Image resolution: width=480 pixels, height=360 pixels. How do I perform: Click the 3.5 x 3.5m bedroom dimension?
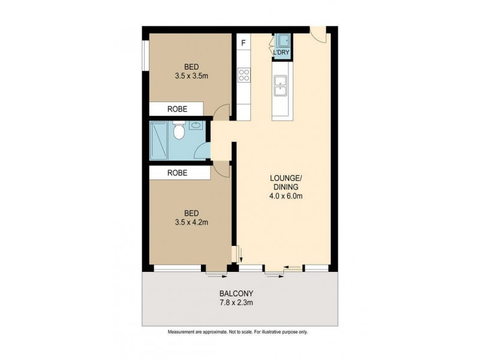pos(191,76)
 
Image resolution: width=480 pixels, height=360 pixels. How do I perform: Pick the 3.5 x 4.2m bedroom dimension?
pos(191,222)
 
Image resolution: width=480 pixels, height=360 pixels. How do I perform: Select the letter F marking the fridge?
pos(244,43)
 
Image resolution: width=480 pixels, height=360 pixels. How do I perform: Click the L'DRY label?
pos(281,53)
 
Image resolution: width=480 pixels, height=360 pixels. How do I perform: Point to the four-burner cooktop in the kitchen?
pos(244,75)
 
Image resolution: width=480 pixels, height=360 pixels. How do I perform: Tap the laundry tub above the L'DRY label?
pos(283,41)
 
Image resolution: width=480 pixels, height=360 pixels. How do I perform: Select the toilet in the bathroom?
pos(178,131)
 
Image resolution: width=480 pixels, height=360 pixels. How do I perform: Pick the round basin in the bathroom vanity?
pos(196,127)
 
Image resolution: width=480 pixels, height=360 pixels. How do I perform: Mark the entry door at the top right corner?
pos(319,34)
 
